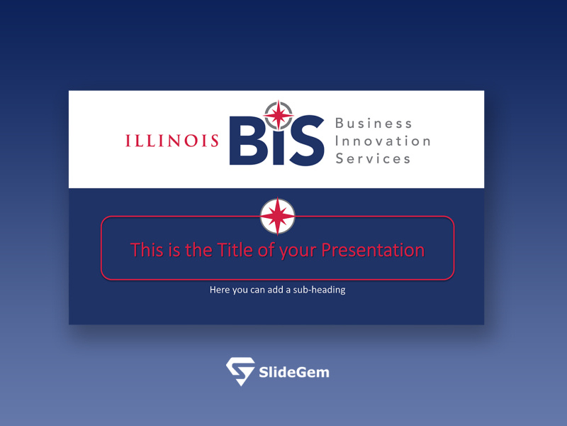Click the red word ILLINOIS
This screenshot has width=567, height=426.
tap(172, 141)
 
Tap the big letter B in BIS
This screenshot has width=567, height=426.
tap(248, 141)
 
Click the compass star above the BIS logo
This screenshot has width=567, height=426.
tap(279, 114)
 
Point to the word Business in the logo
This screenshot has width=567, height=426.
tap(374, 124)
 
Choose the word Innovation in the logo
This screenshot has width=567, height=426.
tap(383, 141)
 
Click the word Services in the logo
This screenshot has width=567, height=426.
tap(373, 158)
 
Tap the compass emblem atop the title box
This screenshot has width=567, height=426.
tap(278, 216)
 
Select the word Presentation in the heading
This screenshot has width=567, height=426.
tap(373, 250)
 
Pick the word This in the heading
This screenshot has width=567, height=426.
tap(147, 250)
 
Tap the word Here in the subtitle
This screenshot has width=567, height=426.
tap(220, 290)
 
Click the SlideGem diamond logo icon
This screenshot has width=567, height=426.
tap(240, 371)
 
